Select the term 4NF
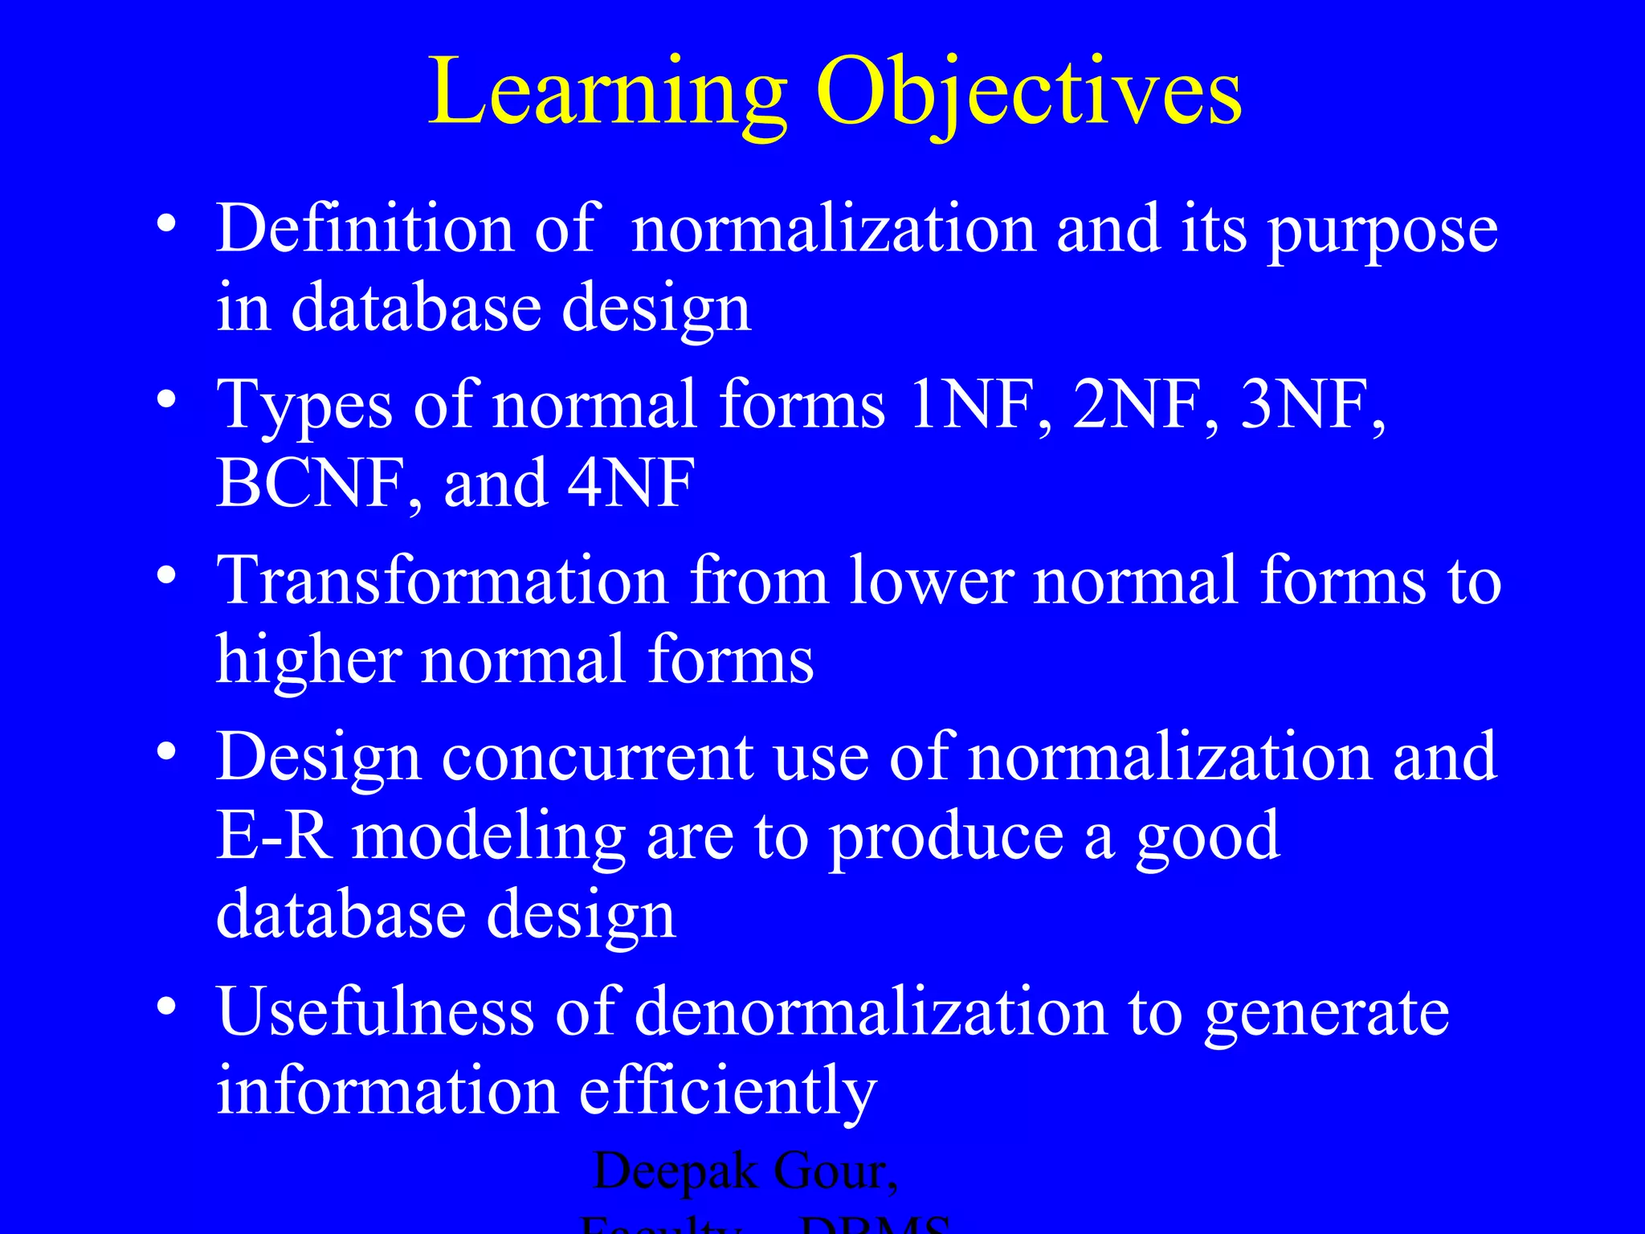[631, 484]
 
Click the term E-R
[273, 836]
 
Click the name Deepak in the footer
[675, 1171]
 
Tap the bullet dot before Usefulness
[166, 1007]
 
